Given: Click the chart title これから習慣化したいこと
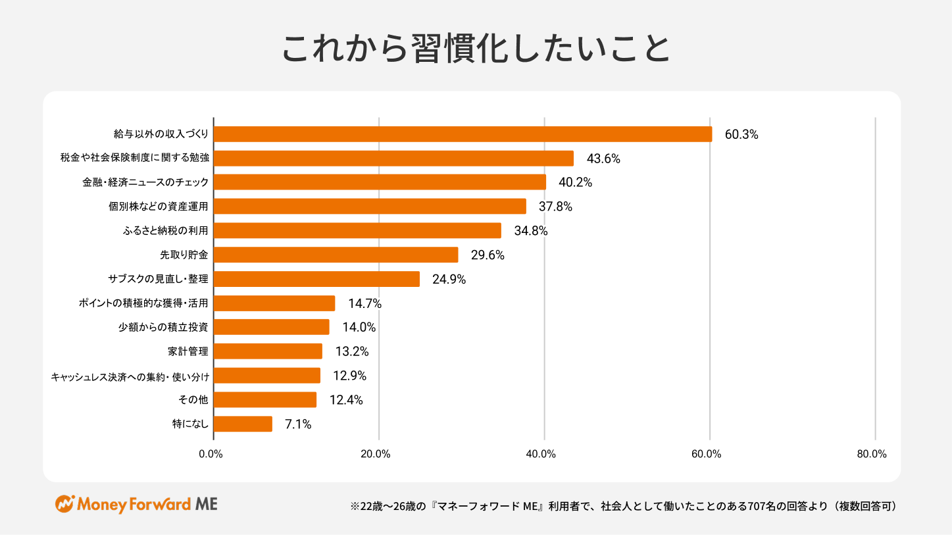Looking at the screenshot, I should [476, 48].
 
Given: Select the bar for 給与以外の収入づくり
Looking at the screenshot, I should [463, 134].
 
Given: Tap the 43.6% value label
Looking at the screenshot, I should [603, 159].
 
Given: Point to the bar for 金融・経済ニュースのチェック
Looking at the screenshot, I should [380, 182].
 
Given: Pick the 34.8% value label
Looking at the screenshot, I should [531, 231].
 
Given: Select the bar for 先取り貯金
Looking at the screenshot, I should [336, 255].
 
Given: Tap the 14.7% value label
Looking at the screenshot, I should [364, 303].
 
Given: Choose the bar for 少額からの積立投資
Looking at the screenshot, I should [272, 327].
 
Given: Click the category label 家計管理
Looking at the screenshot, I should [188, 351].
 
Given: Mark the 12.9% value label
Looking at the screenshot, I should [349, 376].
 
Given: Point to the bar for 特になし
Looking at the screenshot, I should [243, 424].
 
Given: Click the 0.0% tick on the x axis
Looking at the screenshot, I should [211, 454].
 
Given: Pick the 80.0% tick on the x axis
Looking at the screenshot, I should [872, 454].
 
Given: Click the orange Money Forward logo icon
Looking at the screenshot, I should [64, 504].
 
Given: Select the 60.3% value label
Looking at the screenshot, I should [741, 134].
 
